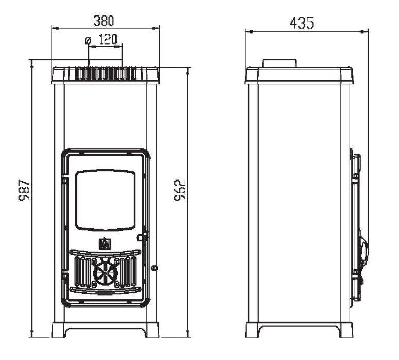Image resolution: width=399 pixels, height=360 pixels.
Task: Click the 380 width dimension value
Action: pos(104,21)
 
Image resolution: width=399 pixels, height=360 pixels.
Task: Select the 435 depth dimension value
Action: pos(302,23)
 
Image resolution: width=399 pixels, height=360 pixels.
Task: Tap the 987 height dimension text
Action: pos(25,190)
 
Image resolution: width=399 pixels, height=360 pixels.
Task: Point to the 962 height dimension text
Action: pos(180,190)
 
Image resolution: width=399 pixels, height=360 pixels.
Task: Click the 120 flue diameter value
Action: pos(108,40)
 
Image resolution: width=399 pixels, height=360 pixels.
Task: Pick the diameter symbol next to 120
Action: pos(88,40)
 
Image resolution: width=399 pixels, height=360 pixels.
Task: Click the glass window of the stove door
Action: pos(105,200)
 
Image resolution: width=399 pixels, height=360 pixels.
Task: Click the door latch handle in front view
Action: pos(142,237)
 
